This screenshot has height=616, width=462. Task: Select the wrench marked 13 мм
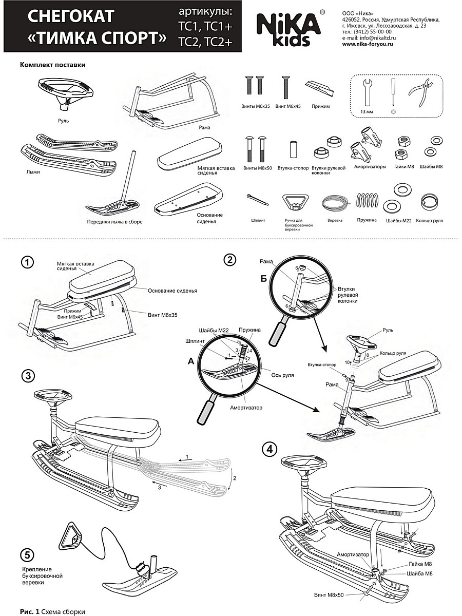click(368, 92)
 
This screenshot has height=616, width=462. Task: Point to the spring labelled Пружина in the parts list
click(367, 202)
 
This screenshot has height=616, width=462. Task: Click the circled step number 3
click(28, 376)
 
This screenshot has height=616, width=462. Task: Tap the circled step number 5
click(28, 555)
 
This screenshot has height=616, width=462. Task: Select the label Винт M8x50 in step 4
click(329, 594)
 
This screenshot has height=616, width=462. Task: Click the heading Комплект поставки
click(52, 65)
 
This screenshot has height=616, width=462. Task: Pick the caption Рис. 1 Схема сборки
click(52, 612)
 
